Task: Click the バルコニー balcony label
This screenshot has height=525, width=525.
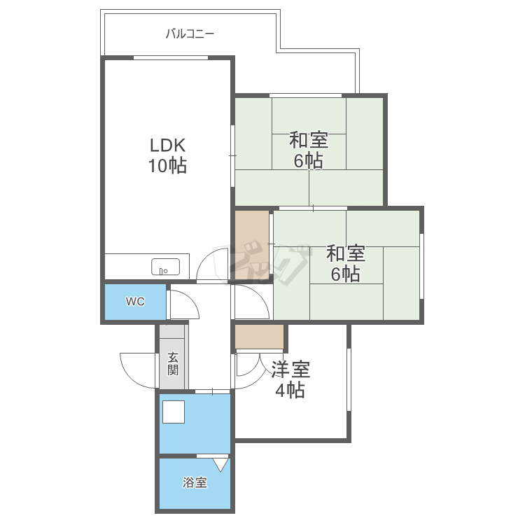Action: tap(190, 34)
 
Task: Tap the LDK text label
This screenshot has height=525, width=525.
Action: tap(167, 146)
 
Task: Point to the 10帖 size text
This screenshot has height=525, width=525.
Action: tap(167, 165)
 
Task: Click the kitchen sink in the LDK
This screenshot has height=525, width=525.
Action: tap(165, 267)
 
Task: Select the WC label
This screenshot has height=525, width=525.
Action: tap(135, 301)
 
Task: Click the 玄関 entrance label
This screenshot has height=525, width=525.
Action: tap(173, 363)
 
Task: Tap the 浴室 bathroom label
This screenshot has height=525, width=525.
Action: tap(195, 482)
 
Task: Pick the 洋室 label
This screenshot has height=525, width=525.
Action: tap(290, 370)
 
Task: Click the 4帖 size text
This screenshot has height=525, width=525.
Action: tap(290, 390)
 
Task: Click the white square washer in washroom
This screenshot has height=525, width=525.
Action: tap(174, 412)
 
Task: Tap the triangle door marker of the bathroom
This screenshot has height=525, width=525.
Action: tap(220, 465)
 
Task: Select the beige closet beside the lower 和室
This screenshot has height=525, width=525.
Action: tap(252, 245)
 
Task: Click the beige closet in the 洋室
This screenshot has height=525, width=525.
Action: tap(260, 337)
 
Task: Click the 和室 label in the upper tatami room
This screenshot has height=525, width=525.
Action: tap(309, 140)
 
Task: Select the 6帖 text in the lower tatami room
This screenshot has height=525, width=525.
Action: tap(346, 274)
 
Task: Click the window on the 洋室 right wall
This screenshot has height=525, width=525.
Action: tap(349, 379)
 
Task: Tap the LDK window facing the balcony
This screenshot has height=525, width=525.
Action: tap(171, 58)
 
